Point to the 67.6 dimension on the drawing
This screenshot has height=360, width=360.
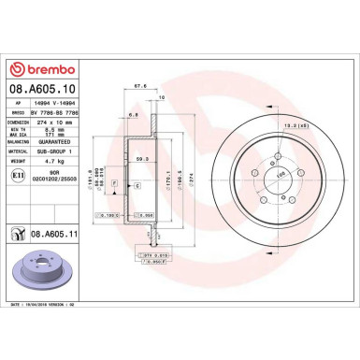coord(140,84)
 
